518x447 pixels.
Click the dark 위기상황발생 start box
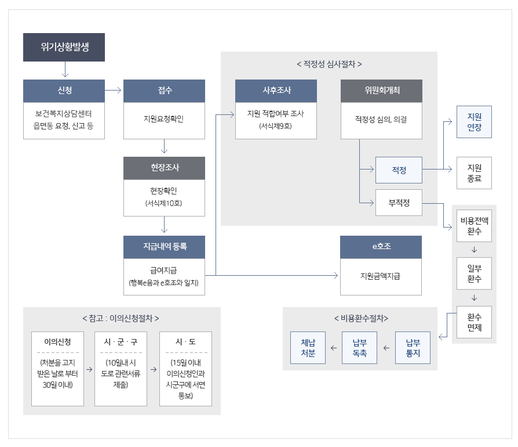click(x=64, y=48)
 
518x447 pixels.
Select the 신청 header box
click(x=64, y=91)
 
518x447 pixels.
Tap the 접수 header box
click(x=165, y=91)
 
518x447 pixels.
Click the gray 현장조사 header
click(x=165, y=168)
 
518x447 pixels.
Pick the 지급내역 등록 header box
click(x=165, y=247)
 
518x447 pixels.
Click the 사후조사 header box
click(x=276, y=91)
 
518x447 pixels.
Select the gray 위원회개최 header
click(x=381, y=91)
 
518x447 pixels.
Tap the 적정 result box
click(x=399, y=170)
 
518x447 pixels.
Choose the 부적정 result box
click(x=399, y=203)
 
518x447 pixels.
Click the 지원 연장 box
click(x=474, y=122)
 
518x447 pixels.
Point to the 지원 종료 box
click(x=474, y=173)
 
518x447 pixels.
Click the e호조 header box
click(x=381, y=247)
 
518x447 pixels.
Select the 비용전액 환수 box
click(x=474, y=226)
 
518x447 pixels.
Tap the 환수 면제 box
click(x=474, y=322)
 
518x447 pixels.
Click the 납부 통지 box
click(x=413, y=347)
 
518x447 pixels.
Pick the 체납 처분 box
click(x=308, y=347)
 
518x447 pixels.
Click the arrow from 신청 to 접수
click(x=114, y=91)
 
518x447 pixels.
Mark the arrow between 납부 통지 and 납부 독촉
click(x=386, y=348)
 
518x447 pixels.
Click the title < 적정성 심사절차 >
click(x=329, y=64)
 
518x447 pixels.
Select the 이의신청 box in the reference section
click(x=58, y=369)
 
